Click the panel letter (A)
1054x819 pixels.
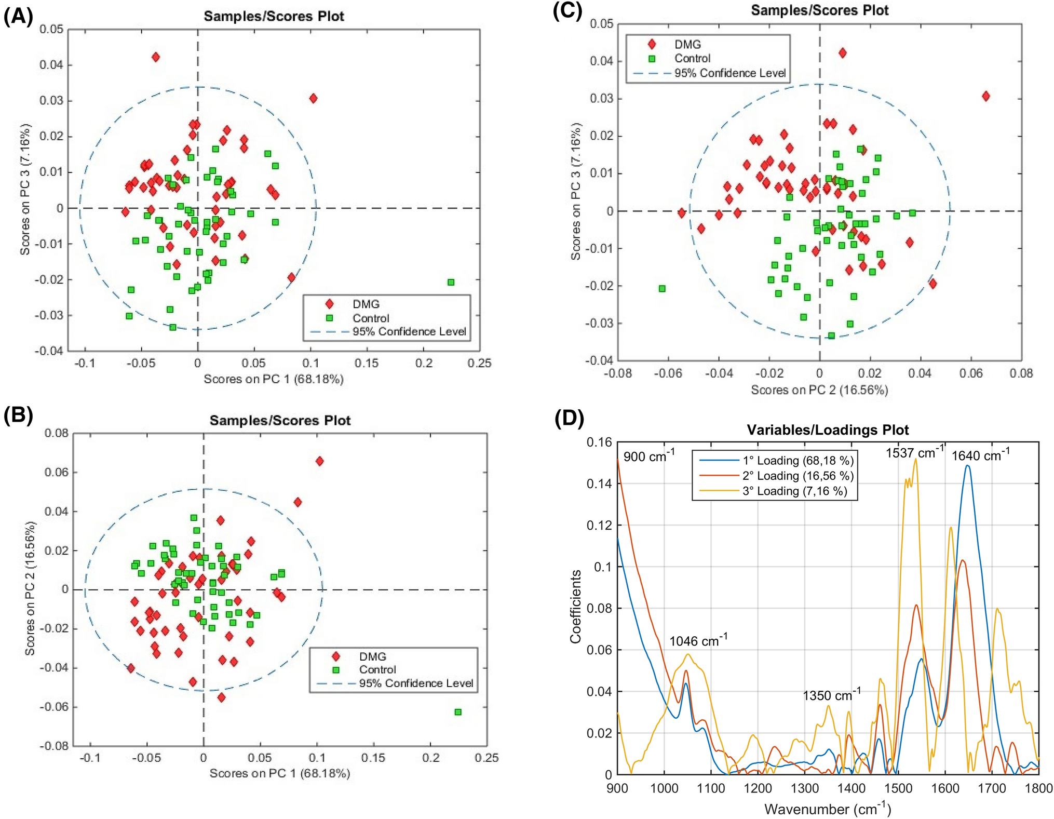pos(19,17)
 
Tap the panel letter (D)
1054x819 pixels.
pos(569,419)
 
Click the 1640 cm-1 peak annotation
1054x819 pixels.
pos(980,455)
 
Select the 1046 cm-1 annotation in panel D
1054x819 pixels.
pos(698,641)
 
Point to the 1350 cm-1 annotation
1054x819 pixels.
pos(831,695)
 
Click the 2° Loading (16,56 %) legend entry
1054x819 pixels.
pos(798,476)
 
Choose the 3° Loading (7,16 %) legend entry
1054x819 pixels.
pos(794,491)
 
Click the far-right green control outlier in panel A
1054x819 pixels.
pos(451,282)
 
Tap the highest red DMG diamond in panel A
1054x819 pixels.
pos(156,57)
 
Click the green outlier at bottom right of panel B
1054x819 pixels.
pos(458,712)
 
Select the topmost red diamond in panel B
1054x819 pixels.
pos(320,461)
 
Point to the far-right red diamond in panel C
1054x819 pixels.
pos(985,96)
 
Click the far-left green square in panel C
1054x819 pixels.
pos(662,288)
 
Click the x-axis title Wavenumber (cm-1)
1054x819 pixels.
pos(828,809)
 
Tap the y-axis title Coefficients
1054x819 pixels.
pos(575,606)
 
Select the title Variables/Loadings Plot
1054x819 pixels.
pos(828,430)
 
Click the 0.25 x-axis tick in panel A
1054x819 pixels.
pos(479,363)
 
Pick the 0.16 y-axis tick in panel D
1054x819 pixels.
pos(599,442)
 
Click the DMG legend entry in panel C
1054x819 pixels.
pos(687,45)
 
